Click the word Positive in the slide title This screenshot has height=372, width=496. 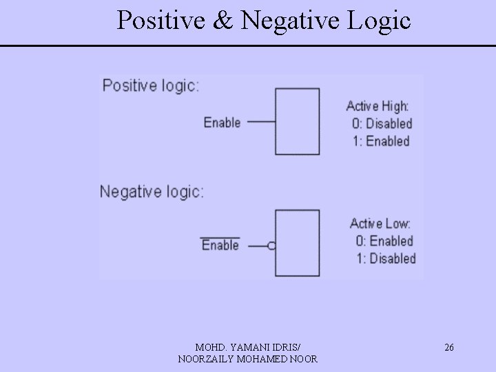160,21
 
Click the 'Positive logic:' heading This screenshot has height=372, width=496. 151,86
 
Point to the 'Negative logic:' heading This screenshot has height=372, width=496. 152,191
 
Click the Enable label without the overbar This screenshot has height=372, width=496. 222,123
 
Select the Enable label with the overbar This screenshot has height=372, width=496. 220,245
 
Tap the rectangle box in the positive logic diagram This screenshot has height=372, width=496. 297,121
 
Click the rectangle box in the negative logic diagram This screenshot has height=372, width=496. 298,242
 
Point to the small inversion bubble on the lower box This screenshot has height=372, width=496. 271,245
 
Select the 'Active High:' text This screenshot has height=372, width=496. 377,106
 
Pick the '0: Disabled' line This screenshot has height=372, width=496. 382,124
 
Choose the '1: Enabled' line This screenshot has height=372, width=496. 380,141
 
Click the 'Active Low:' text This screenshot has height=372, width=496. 380,224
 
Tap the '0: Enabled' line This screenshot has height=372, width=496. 384,241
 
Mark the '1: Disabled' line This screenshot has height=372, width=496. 385,258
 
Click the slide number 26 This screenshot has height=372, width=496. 448,348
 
